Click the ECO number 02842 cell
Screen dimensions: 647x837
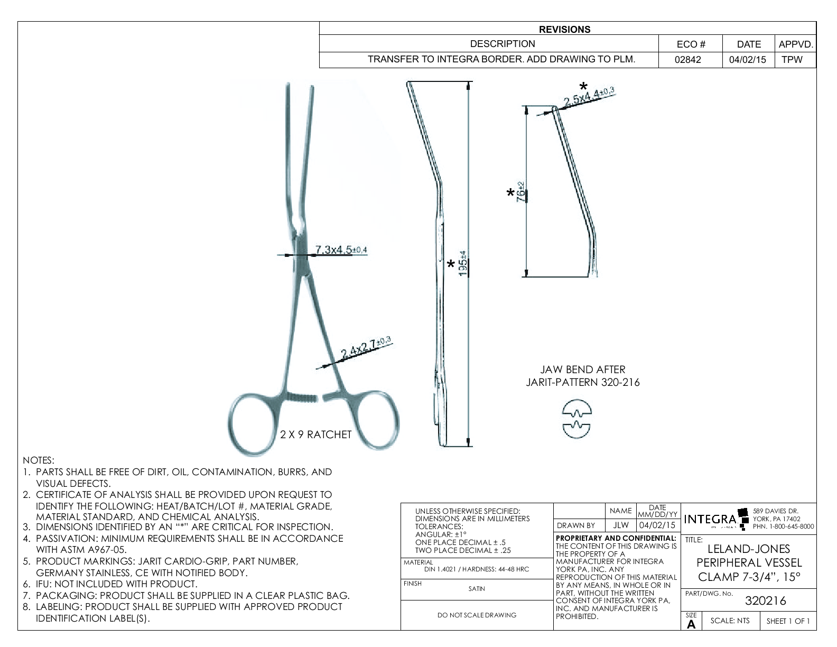coord(687,60)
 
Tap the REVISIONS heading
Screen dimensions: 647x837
coord(565,30)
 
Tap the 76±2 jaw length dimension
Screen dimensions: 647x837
coord(521,192)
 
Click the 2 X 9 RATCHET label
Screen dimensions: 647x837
coord(315,435)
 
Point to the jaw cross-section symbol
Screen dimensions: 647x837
coord(576,419)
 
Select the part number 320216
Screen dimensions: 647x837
coord(765,601)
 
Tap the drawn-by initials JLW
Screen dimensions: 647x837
coord(621,525)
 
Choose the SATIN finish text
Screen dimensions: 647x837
coord(476,589)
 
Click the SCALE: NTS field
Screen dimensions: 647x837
coord(730,621)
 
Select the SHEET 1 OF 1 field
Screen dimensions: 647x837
coord(787,621)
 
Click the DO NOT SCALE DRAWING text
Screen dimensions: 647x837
coord(477,615)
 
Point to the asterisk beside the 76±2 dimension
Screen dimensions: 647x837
coord(510,193)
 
